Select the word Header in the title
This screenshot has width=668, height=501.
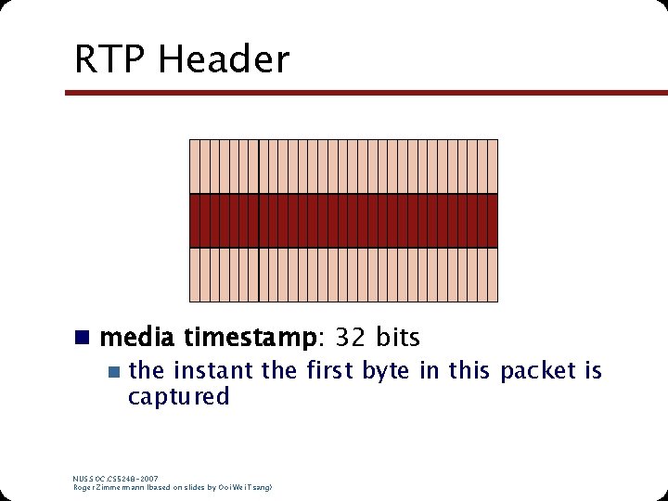click(x=224, y=59)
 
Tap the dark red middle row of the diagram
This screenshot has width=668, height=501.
click(x=343, y=221)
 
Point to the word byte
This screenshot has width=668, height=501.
click(x=387, y=371)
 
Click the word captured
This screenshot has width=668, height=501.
click(x=178, y=396)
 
